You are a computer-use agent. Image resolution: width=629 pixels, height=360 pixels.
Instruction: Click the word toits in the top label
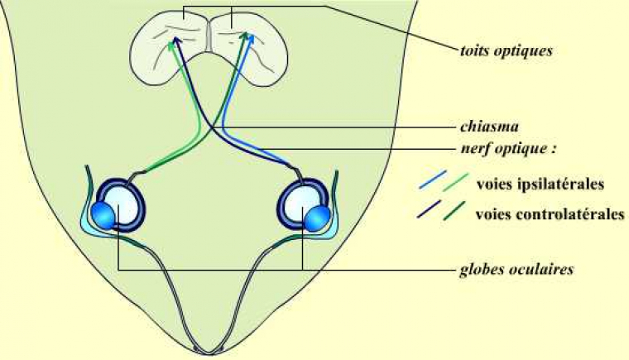point(474,50)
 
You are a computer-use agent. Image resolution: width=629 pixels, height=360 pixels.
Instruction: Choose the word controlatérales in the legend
point(571,214)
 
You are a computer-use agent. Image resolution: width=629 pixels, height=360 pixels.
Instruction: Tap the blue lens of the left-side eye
point(106,216)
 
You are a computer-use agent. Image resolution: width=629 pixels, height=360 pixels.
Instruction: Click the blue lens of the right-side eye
point(318,218)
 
